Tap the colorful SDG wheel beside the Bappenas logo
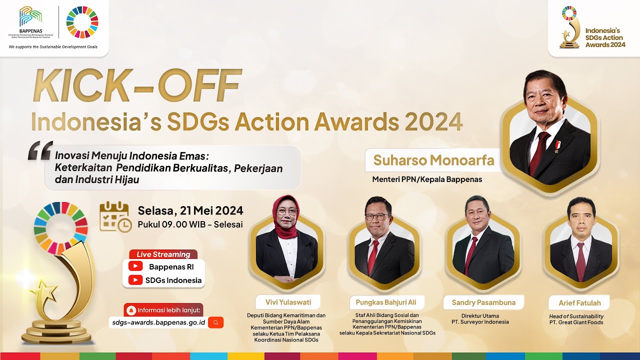click(82, 22)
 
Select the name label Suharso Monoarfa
click(433, 160)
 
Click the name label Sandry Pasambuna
click(483, 302)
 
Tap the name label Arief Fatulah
click(579, 303)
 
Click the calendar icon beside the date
click(115, 216)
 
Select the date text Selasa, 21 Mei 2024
click(190, 210)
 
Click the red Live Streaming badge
click(163, 254)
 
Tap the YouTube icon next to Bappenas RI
click(135, 267)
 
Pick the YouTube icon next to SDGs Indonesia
click(135, 280)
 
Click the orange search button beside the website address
click(215, 322)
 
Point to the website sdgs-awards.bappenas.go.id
click(157, 322)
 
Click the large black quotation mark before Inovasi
click(40, 150)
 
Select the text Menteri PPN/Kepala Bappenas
click(427, 179)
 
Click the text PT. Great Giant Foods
click(576, 322)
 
